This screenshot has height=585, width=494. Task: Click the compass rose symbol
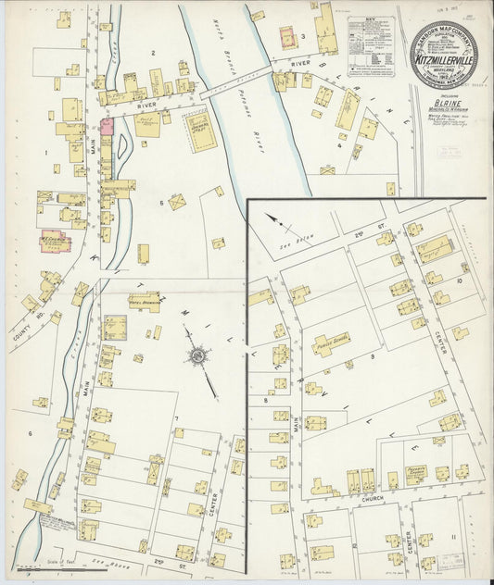click(x=196, y=354)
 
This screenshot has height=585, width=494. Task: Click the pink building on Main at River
click(x=107, y=125)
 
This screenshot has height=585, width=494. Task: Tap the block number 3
click(x=303, y=36)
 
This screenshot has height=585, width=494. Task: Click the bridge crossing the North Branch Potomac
click(x=236, y=81)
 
